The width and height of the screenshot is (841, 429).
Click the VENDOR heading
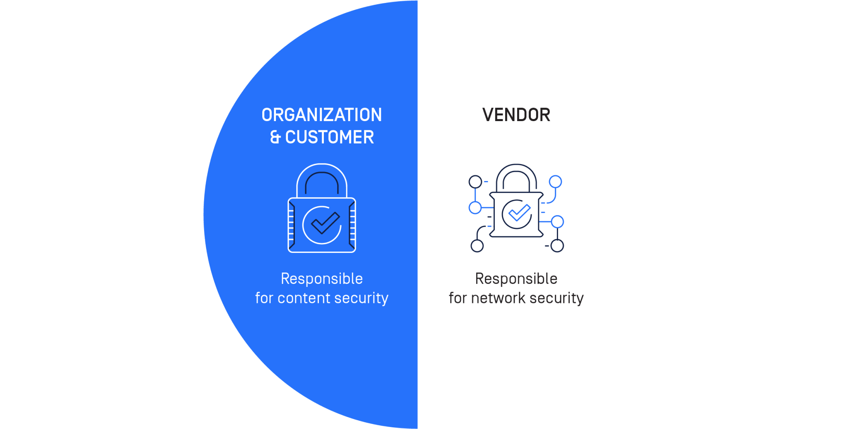(x=516, y=115)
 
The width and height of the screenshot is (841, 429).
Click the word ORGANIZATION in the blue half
(x=321, y=115)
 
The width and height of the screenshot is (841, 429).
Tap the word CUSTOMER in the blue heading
(x=329, y=137)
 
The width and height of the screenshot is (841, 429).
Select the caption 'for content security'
(x=321, y=298)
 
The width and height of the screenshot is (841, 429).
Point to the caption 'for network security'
(x=516, y=298)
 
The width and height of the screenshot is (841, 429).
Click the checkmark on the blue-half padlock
(x=324, y=223)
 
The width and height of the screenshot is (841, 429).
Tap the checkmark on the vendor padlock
(x=519, y=213)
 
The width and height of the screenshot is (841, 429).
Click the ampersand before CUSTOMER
(x=275, y=137)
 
